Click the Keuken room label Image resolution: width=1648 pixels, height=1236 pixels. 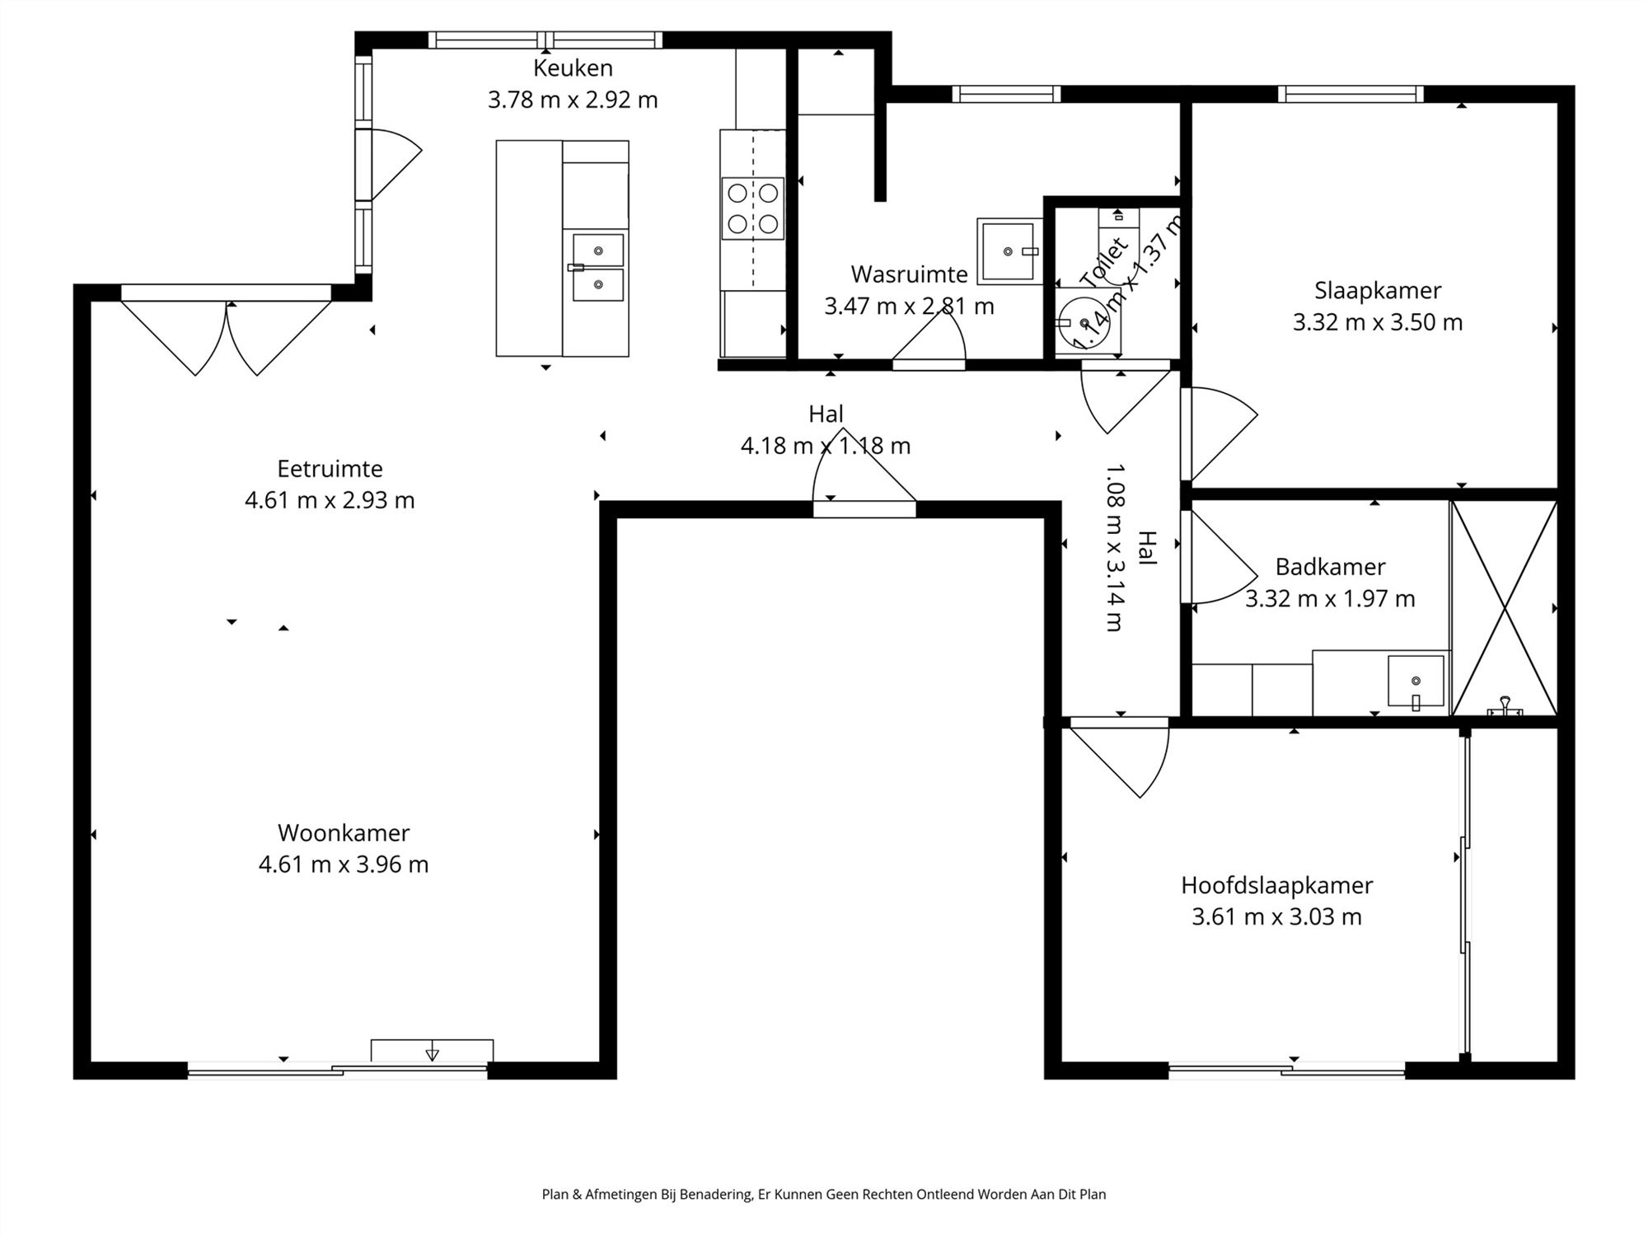pos(573,68)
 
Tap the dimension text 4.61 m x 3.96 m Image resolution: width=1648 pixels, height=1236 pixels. pos(344,864)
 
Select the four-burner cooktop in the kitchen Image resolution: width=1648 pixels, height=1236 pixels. pos(752,208)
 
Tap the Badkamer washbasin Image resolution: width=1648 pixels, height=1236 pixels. pos(1416,681)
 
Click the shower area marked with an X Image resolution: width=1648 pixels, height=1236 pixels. pos(1505,608)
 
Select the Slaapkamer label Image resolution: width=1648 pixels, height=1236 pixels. pos(1378,291)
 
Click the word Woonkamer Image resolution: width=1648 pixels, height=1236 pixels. pos(344,833)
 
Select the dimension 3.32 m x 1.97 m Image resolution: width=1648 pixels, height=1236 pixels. pos(1330,599)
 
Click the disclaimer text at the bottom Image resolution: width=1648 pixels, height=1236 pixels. pos(824,1194)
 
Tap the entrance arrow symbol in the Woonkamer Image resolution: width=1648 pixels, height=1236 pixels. pos(432,1052)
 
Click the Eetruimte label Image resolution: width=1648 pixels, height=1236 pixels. pos(330,469)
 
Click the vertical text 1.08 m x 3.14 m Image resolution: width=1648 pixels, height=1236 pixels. pos(1114,547)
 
